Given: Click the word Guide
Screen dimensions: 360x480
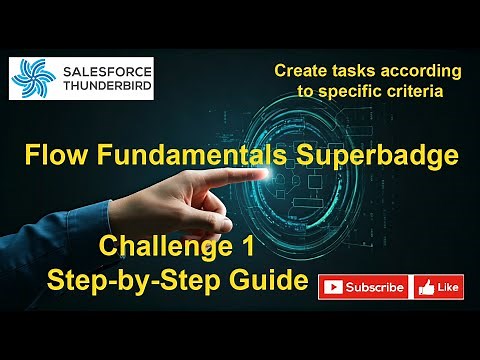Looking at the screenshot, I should click(x=263, y=281).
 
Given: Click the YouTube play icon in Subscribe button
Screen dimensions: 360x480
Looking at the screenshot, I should click(x=333, y=288).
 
